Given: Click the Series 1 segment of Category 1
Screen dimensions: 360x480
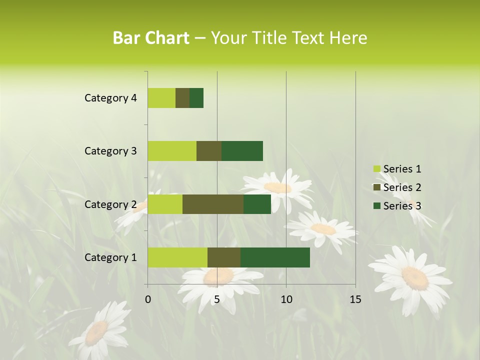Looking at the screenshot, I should tap(177, 257).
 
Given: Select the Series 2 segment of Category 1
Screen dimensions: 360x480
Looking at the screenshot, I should tap(224, 257).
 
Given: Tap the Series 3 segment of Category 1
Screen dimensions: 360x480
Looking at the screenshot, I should tap(275, 257).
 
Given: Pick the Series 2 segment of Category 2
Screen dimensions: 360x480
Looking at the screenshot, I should tap(213, 204).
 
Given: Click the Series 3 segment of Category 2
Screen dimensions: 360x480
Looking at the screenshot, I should tap(257, 204).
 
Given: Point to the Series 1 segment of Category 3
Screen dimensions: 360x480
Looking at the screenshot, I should tap(172, 150).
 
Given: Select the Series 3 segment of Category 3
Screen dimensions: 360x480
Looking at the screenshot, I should tap(242, 150).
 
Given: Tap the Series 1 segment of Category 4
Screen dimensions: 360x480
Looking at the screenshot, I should tap(161, 97).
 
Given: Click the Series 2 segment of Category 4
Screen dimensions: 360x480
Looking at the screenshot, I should tap(182, 97).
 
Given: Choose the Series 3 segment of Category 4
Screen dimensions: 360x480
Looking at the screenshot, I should tap(196, 97).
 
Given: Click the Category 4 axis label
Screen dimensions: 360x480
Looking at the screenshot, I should tap(110, 98).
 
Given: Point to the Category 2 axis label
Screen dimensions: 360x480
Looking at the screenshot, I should tap(110, 204).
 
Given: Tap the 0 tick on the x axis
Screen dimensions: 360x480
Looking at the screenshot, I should tap(148, 299).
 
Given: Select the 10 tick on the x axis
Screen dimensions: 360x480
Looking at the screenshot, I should tap(286, 299).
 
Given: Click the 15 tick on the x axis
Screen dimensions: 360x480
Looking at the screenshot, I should tap(355, 299).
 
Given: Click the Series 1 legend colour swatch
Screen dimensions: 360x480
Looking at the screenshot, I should tap(376, 169).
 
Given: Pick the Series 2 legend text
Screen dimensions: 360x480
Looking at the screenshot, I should tap(402, 187).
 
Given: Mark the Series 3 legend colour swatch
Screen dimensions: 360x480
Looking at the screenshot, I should tap(376, 205).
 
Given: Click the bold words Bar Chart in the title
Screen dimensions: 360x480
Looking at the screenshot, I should tap(151, 38).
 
